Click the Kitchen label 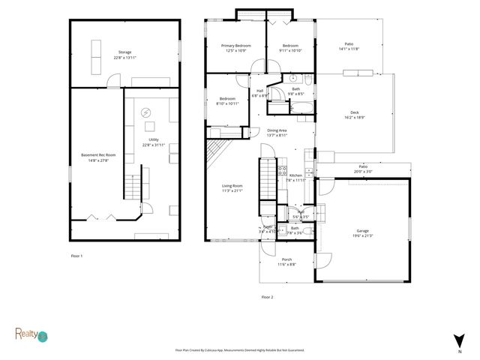(x=295, y=177)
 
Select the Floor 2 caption (x=267, y=297)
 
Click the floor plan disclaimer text (x=244, y=350)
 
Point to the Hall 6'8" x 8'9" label (x=260, y=94)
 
